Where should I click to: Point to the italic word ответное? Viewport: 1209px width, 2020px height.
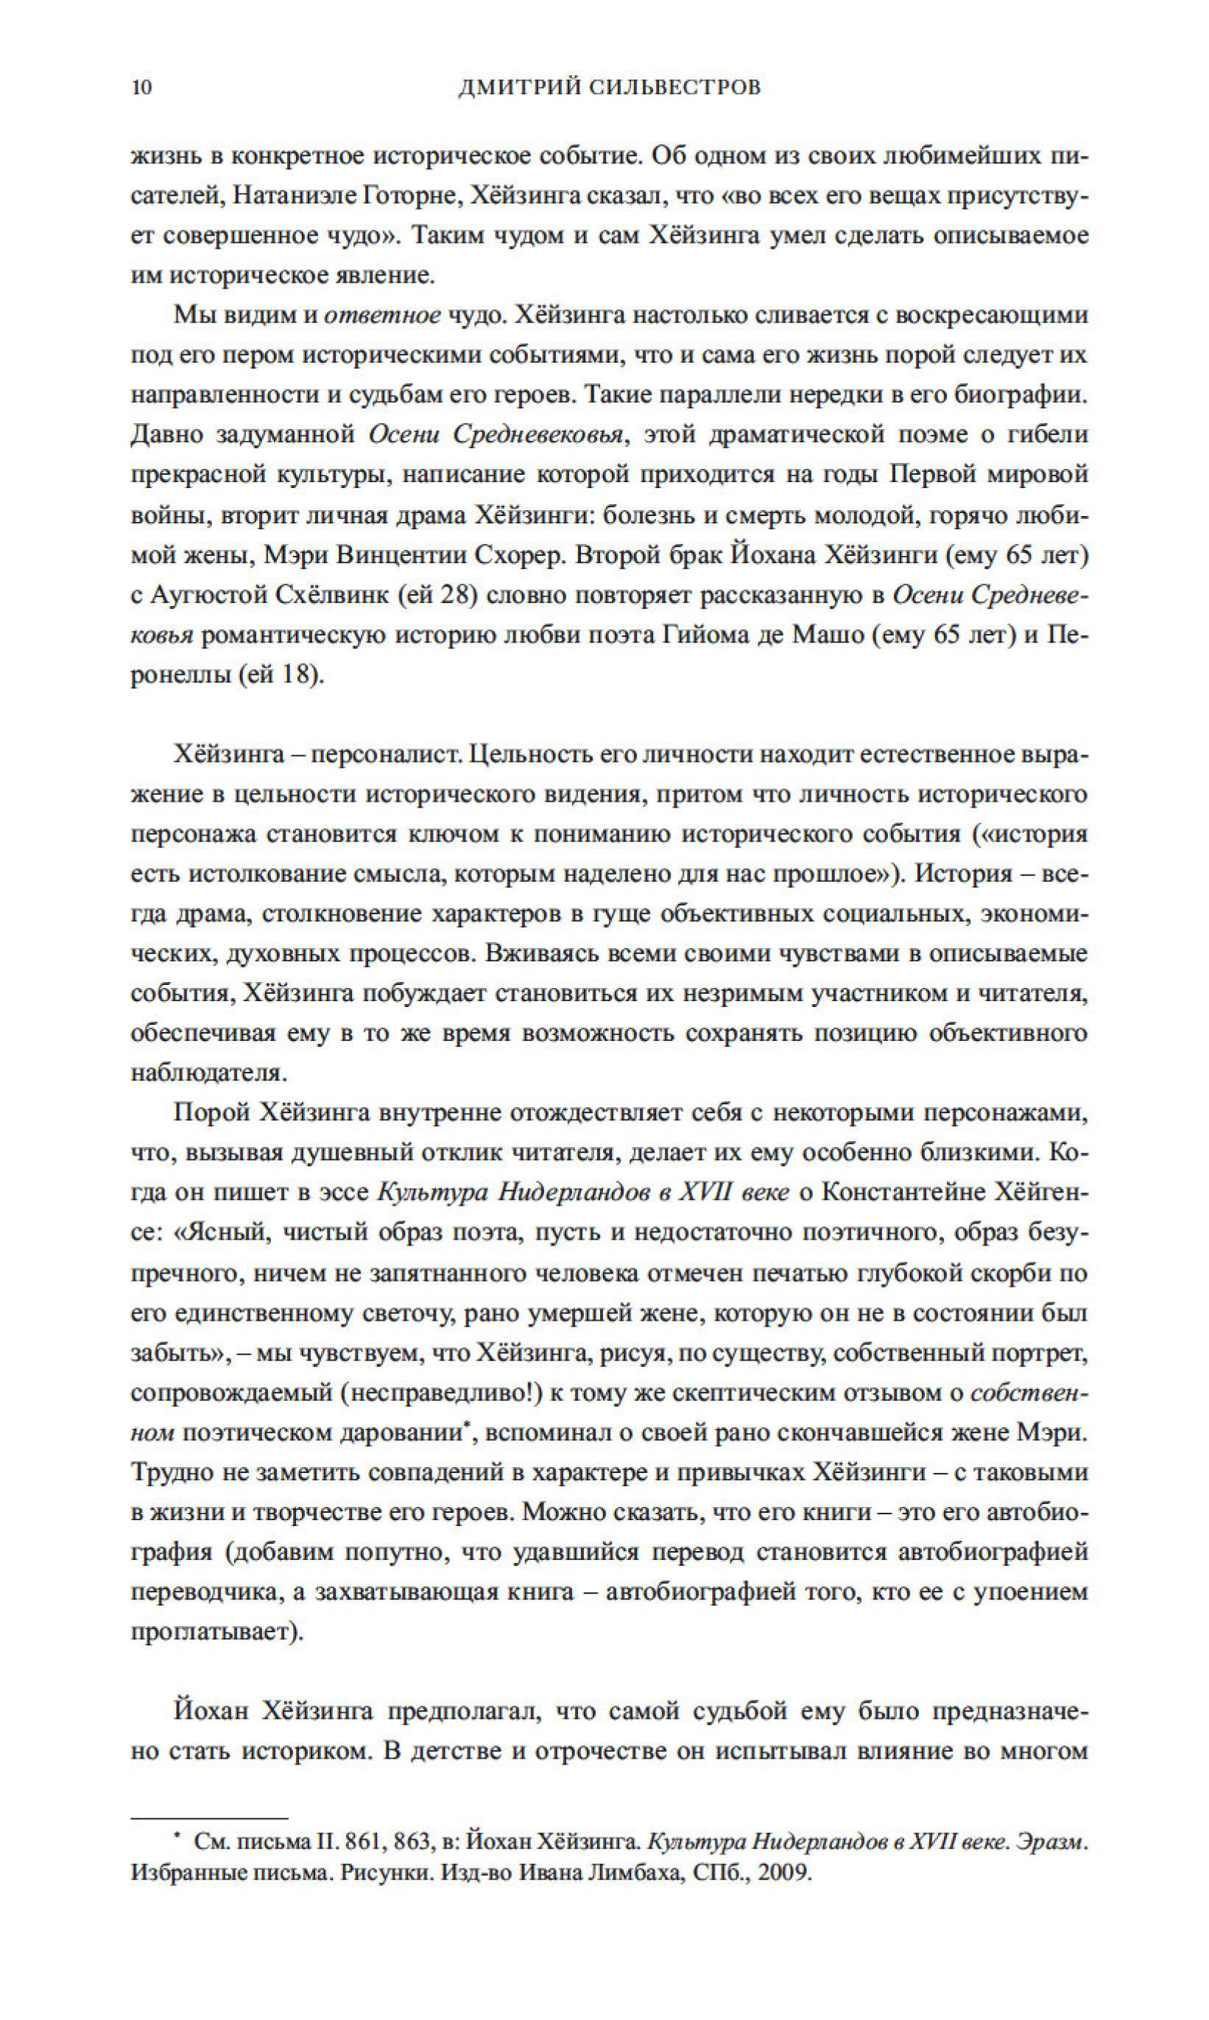pyautogui.click(x=382, y=315)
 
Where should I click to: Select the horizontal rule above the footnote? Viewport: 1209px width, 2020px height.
pyautogui.click(x=209, y=1817)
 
